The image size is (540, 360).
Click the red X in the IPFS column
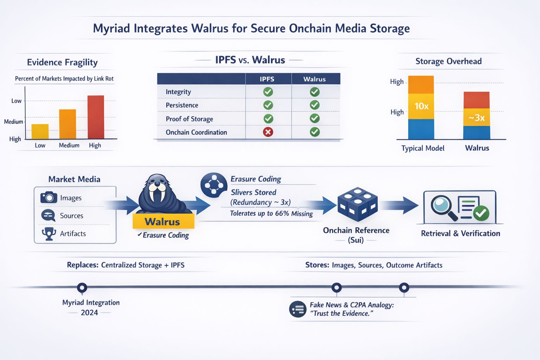coord(268,132)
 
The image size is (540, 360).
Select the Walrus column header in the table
coord(314,79)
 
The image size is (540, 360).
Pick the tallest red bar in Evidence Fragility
coord(96,117)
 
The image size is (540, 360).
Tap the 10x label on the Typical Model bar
coord(421,106)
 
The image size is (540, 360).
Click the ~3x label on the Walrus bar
coord(476,118)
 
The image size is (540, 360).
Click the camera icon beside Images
coord(49,197)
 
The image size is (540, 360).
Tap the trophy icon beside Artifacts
coord(49,233)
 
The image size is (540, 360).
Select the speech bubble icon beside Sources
coord(48,215)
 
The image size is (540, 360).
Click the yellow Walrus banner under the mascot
coord(163,222)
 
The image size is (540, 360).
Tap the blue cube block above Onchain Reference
coord(357,204)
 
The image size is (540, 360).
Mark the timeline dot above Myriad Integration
coord(82,288)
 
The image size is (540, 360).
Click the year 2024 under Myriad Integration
coord(89,313)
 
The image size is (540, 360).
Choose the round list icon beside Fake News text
coord(298,309)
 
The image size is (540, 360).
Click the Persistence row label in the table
coord(182,105)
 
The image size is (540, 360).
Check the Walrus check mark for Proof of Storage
coord(314,118)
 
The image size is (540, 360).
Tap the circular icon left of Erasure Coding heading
coord(213,184)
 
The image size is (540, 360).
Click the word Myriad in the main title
coord(111,28)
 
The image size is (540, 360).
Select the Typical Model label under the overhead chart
coord(423,148)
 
